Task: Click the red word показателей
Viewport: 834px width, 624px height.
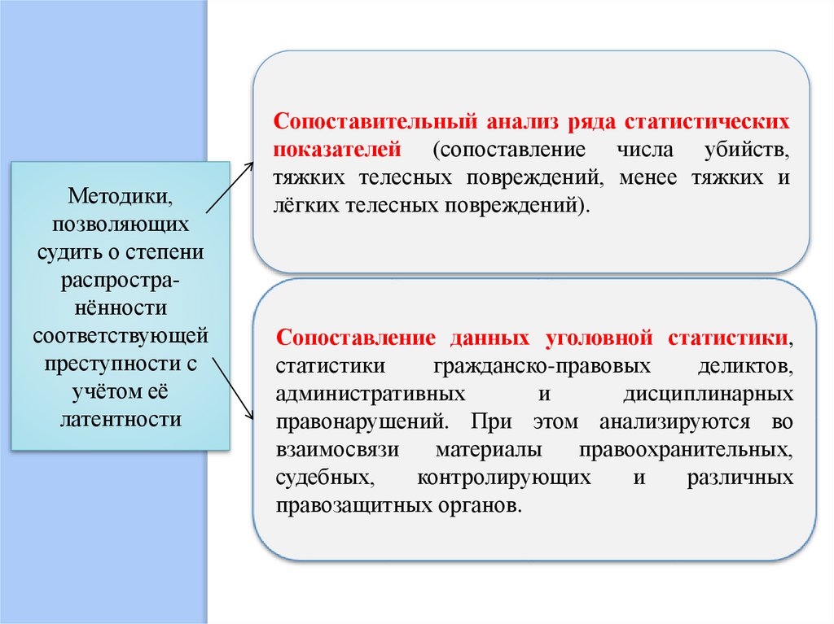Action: (338, 150)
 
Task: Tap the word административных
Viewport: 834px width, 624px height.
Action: (371, 394)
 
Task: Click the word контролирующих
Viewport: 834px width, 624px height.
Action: (504, 478)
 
